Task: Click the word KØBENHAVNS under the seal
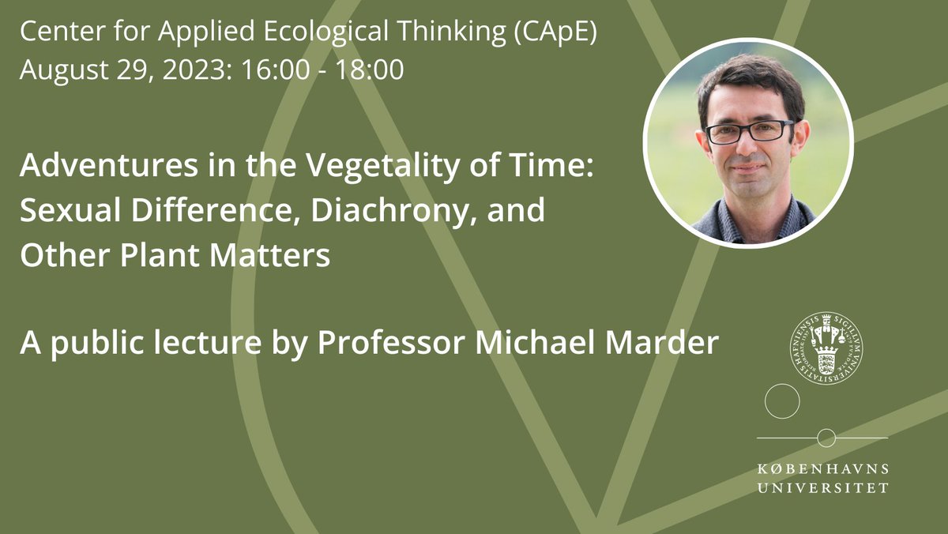tap(822, 469)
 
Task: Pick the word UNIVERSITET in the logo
tap(822, 488)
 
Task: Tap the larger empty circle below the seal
tap(782, 400)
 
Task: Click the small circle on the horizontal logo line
tap(826, 437)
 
